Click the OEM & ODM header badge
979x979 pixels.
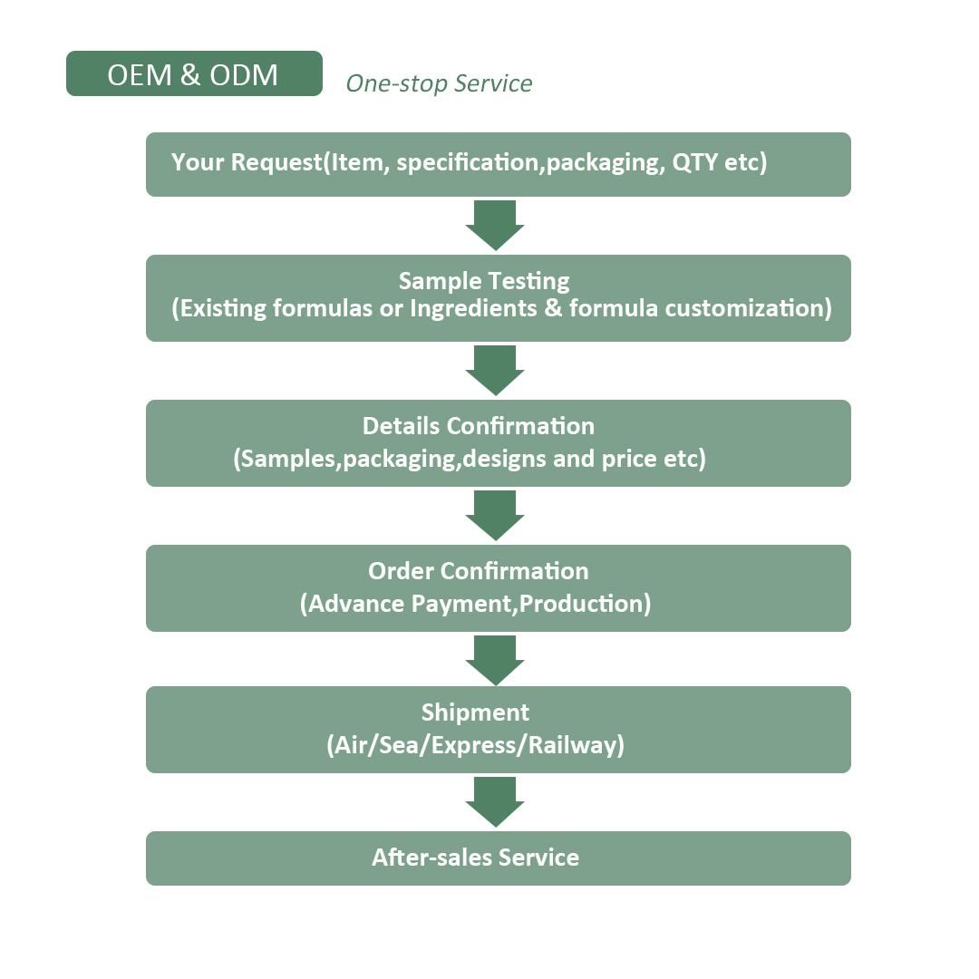click(x=194, y=73)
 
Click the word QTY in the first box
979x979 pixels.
click(x=695, y=162)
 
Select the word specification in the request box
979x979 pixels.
click(x=469, y=163)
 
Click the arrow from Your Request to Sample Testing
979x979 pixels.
click(x=495, y=225)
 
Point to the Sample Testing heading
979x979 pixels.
click(x=484, y=282)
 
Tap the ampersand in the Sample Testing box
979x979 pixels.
click(x=553, y=308)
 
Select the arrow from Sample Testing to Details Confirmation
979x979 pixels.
click(x=495, y=370)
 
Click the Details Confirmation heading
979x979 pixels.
click(x=479, y=426)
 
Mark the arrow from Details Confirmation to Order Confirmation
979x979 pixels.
click(x=495, y=515)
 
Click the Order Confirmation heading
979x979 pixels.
click(x=479, y=571)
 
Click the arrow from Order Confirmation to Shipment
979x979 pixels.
click(x=495, y=660)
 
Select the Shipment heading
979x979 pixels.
click(x=475, y=713)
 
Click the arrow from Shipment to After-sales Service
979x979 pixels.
click(x=495, y=801)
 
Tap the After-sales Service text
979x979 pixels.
click(x=475, y=858)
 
